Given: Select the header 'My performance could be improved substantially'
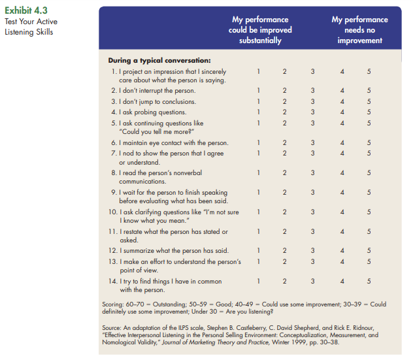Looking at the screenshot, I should click(260, 30).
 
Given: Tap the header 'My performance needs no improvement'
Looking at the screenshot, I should click(359, 30).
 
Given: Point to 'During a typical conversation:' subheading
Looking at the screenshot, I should click(159, 60).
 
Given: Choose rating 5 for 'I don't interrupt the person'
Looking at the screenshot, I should click(369, 91).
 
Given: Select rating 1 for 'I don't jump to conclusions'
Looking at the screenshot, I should click(259, 101).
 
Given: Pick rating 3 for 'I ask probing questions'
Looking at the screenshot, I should click(313, 112).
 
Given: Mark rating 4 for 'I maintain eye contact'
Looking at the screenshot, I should click(341, 142).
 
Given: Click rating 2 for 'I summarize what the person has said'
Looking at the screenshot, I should click(285, 251).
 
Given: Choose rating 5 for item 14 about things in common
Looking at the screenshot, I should click(369, 282).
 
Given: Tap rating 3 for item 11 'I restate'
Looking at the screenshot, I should click(313, 231).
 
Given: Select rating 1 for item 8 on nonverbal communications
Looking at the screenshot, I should click(259, 172).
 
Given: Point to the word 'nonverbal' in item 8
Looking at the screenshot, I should click(192, 172).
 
